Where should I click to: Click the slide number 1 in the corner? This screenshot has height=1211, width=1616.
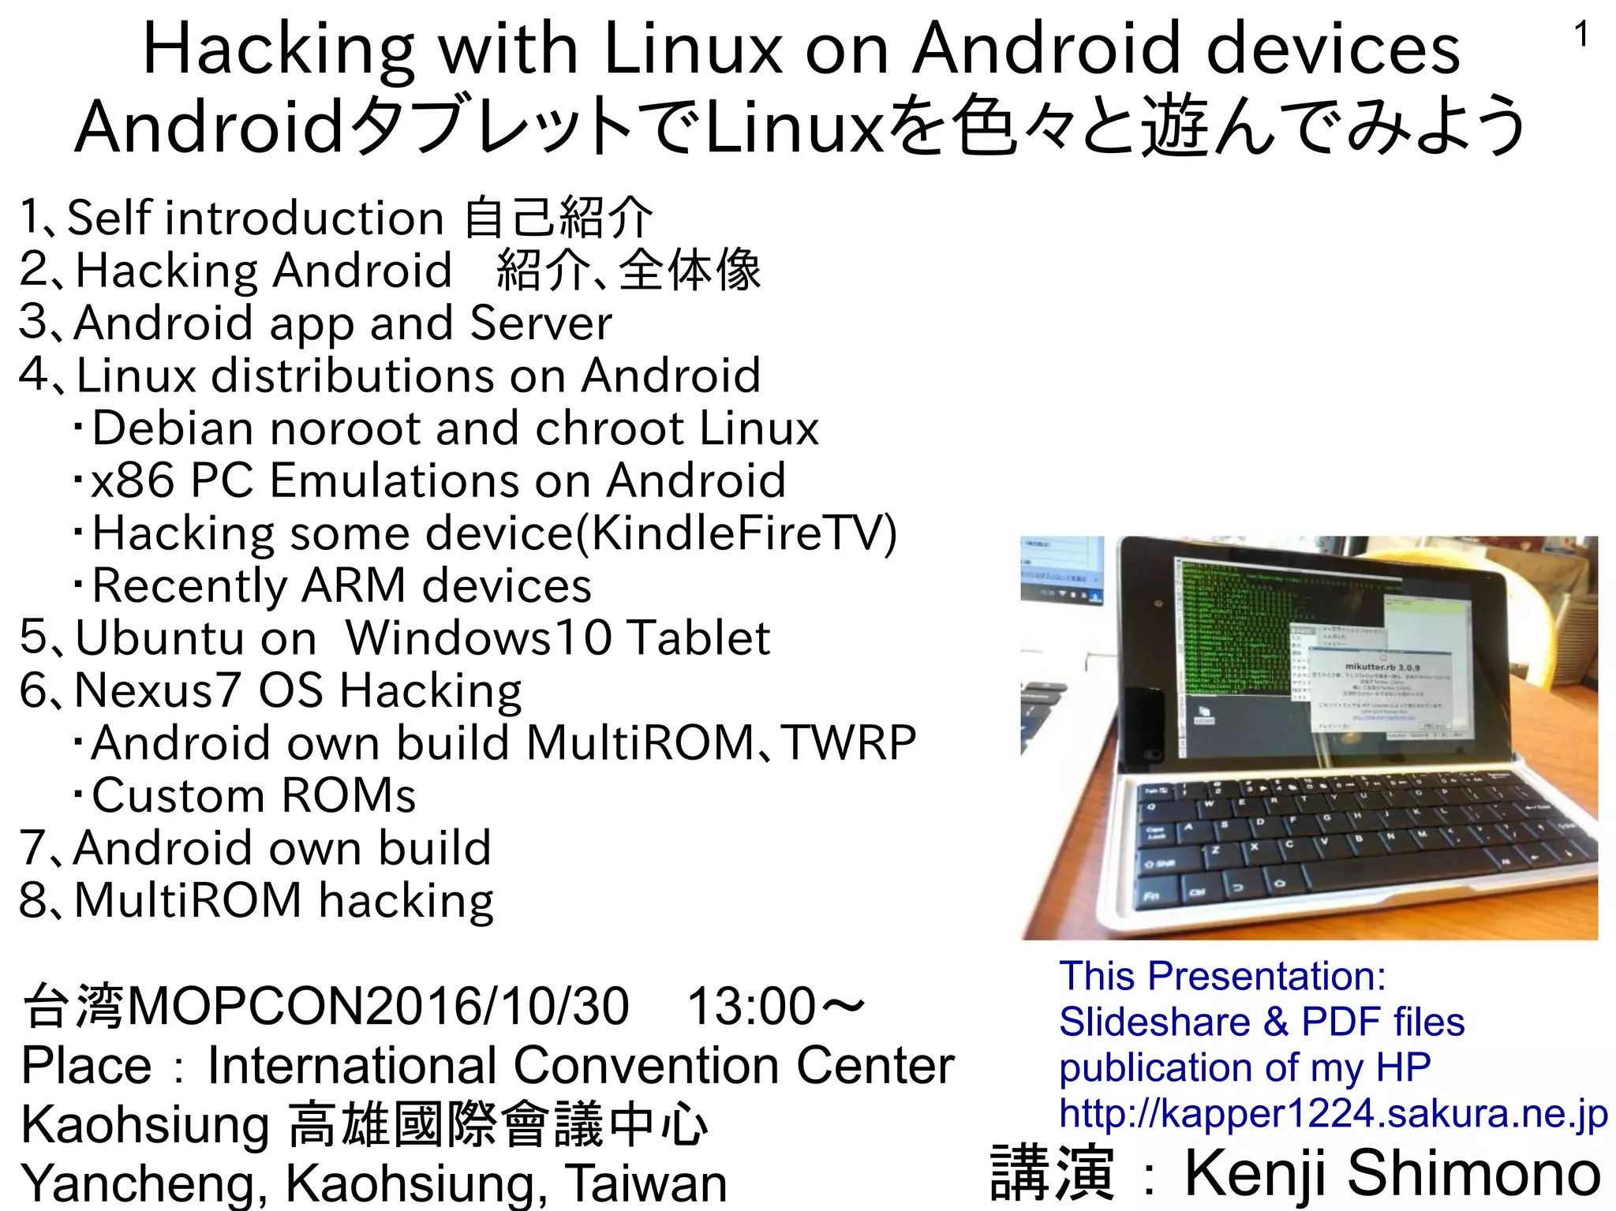[x=1580, y=36]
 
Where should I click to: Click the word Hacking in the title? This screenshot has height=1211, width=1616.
[x=278, y=50]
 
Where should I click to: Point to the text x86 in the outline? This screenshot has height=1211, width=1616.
[x=132, y=480]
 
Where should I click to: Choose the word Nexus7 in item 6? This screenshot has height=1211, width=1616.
[x=157, y=690]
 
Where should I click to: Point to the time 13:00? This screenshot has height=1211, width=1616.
[x=750, y=1007]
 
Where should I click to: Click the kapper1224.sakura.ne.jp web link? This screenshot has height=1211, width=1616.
[x=1333, y=1114]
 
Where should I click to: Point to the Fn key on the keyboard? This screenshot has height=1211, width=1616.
[x=1152, y=896]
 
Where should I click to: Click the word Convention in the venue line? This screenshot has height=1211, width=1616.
[x=646, y=1065]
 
